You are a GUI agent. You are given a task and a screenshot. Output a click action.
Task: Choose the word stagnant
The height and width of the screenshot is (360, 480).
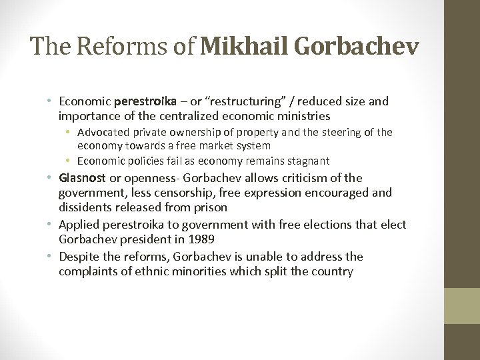307,161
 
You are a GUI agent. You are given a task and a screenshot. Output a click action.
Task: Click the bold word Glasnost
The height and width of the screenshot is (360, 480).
82,178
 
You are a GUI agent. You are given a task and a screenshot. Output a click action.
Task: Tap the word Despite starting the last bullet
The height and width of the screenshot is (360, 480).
78,257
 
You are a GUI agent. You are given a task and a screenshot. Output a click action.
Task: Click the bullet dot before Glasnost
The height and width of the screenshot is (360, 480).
51,178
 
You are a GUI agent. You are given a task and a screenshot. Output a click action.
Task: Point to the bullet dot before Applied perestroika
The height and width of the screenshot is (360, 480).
51,225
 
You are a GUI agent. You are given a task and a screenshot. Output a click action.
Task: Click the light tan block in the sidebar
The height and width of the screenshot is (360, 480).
462,306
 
